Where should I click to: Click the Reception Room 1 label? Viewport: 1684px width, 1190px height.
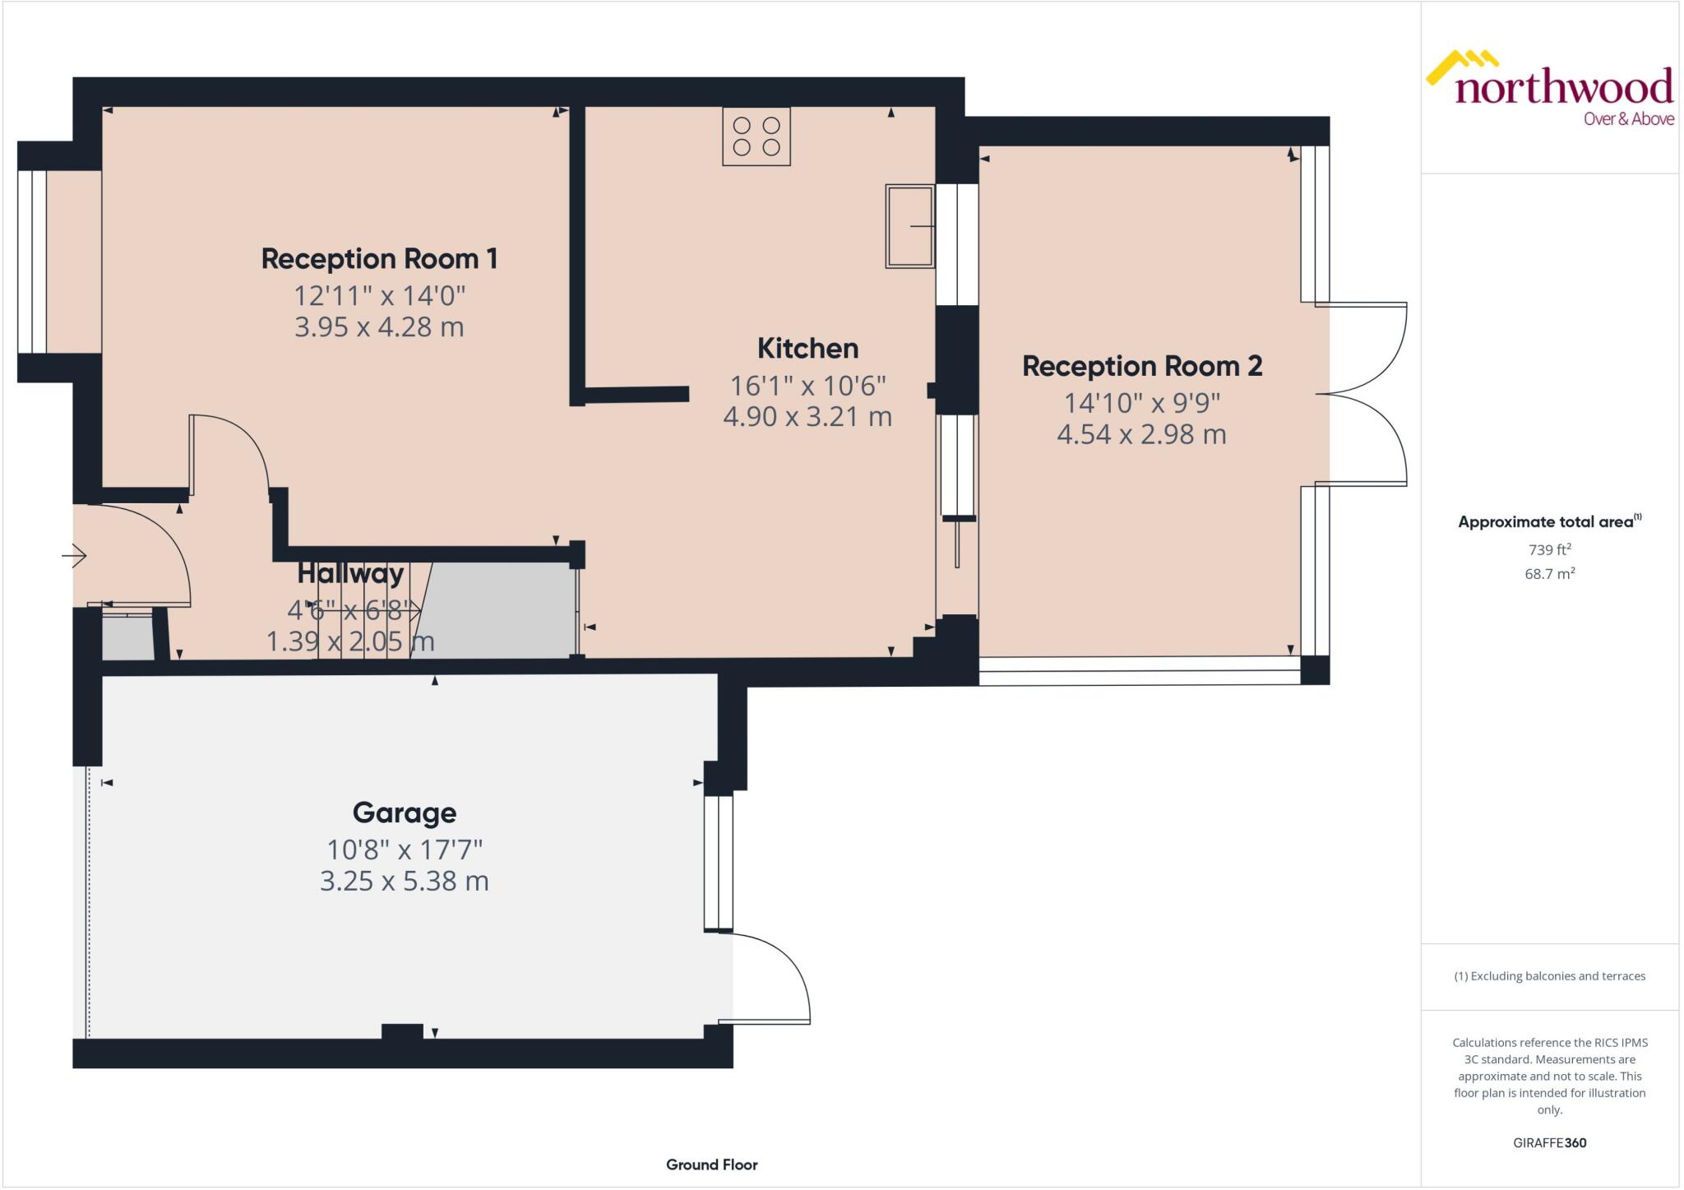[379, 259]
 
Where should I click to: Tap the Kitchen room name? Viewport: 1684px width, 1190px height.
[807, 349]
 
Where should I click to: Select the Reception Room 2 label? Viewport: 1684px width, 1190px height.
[1141, 367]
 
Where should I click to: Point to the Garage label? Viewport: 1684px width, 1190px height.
[404, 813]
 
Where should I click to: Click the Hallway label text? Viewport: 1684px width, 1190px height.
[350, 573]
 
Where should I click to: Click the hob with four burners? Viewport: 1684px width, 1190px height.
[756, 137]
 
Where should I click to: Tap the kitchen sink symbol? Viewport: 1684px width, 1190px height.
[909, 226]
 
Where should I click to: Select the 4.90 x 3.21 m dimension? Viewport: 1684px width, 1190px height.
[807, 417]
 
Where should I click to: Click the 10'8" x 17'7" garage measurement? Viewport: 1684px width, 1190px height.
[404, 849]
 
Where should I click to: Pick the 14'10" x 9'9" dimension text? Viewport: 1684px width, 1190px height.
[1141, 403]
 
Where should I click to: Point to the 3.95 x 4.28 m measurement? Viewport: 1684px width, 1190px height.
[379, 327]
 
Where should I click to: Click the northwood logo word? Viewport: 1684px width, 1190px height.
[1563, 87]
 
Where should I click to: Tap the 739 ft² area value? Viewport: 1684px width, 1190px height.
[1549, 549]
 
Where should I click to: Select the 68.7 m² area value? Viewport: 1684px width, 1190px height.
[1549, 574]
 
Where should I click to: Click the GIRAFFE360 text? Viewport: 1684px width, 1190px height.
[1549, 1142]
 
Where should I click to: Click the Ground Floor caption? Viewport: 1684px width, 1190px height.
[711, 1165]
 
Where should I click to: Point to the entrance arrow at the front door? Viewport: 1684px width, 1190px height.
[75, 556]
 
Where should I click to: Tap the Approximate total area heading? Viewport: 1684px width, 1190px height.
[1548, 521]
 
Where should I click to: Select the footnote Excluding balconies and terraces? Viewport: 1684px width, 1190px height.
[1549, 976]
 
